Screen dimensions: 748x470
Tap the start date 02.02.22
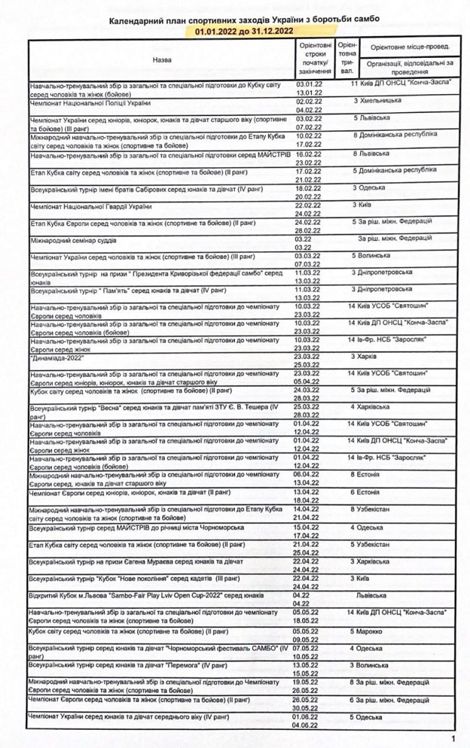click(309, 102)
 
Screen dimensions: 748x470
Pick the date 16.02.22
click(309, 154)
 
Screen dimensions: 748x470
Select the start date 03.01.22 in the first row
click(309, 85)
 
